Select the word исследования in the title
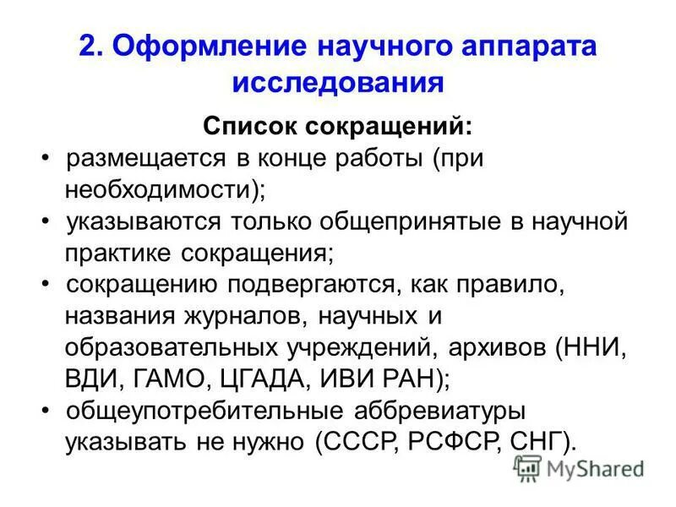[x=338, y=84]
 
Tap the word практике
[x=117, y=252]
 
